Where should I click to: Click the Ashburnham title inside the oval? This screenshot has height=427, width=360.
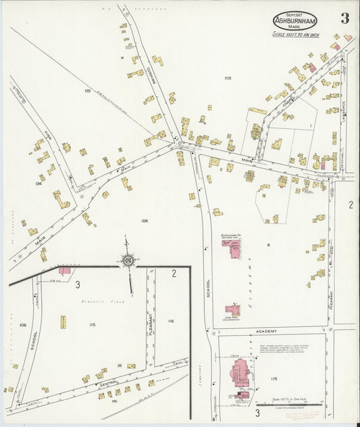pos(294,21)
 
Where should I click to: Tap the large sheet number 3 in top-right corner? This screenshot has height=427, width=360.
pos(344,18)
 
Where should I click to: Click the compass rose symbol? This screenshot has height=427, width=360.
pos(127,259)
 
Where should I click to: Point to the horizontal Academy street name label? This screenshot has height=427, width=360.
pos(267,330)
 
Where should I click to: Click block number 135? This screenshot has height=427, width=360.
pos(87,90)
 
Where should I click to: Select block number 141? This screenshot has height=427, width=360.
pos(115,401)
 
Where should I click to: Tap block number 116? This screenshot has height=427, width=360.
pos(170,321)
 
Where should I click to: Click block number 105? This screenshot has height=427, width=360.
pos(228,78)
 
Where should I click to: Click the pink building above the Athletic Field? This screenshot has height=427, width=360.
pos(64,271)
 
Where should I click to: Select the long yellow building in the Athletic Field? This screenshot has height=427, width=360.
pos(63,322)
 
